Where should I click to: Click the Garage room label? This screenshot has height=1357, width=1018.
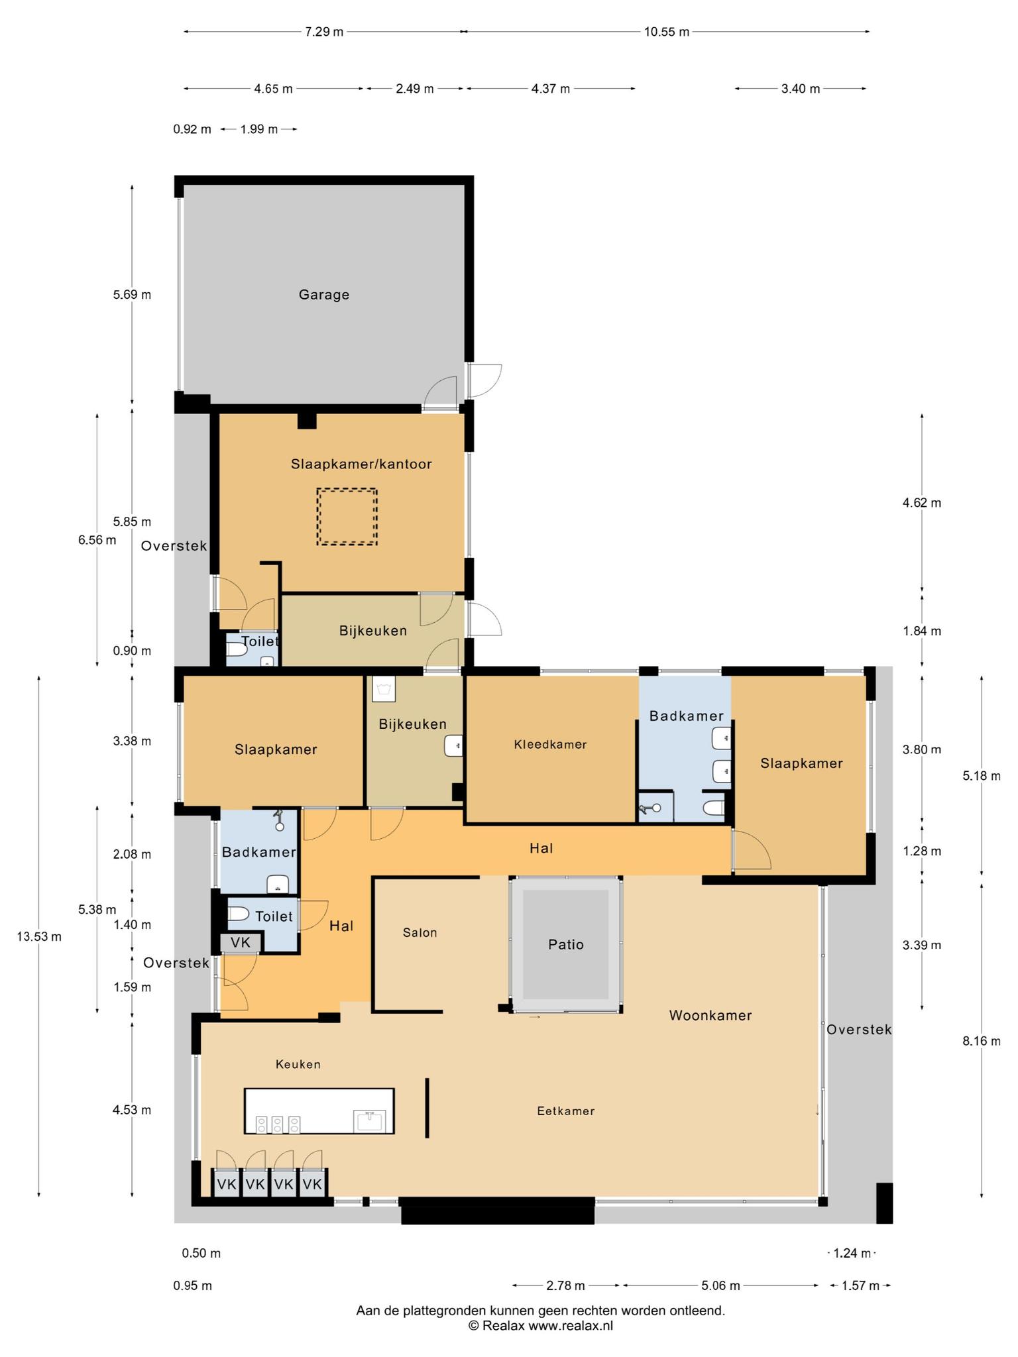pos(323,295)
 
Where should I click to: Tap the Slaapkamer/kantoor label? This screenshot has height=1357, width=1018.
pos(361,464)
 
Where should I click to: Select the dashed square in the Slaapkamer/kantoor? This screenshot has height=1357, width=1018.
pos(347,517)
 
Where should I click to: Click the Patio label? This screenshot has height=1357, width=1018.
pos(566,944)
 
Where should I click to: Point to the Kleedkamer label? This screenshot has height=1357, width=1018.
pos(550,744)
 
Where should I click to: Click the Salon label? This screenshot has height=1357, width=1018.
pos(420,932)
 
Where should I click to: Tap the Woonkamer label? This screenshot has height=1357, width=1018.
pos(710,1015)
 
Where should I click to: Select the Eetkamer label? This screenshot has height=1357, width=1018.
pos(565,1111)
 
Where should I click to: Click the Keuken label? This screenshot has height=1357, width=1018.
pos(298,1064)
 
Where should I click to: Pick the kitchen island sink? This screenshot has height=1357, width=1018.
pos(370,1121)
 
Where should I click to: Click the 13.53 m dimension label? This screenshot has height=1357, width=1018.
pos(39,936)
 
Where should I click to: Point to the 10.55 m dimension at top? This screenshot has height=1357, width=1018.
pos(666,32)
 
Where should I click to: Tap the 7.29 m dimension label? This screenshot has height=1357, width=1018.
pos(324,32)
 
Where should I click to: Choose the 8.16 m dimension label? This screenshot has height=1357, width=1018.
pos(982,1041)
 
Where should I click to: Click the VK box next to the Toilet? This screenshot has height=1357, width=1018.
pos(241,942)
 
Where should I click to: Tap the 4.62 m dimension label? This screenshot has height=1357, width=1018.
pos(922,502)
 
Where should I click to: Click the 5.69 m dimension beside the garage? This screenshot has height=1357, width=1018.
pos(132,294)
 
